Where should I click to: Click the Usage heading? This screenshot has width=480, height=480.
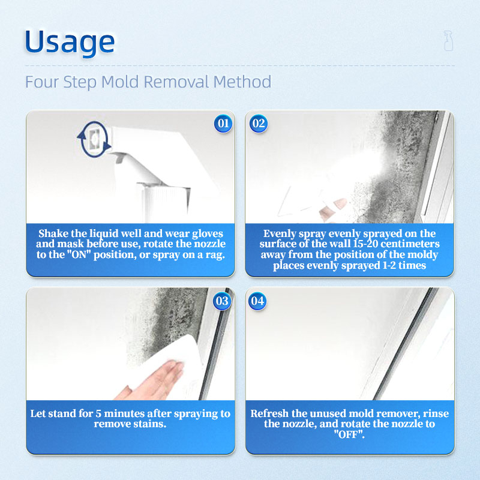[70, 42]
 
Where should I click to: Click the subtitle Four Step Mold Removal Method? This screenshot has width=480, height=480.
[148, 82]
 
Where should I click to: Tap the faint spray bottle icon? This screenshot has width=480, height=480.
[448, 40]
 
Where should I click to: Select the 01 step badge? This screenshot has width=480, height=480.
[223, 124]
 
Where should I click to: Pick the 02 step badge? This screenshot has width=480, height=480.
[259, 124]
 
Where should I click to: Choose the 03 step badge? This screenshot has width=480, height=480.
[222, 301]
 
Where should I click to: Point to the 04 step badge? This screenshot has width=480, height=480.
[257, 301]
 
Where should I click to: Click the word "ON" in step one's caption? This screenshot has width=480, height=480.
[79, 254]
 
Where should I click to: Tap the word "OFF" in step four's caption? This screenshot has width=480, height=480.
[349, 434]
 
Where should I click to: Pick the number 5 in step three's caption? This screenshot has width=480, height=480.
[98, 413]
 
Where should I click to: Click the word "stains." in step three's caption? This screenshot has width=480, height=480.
[152, 424]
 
